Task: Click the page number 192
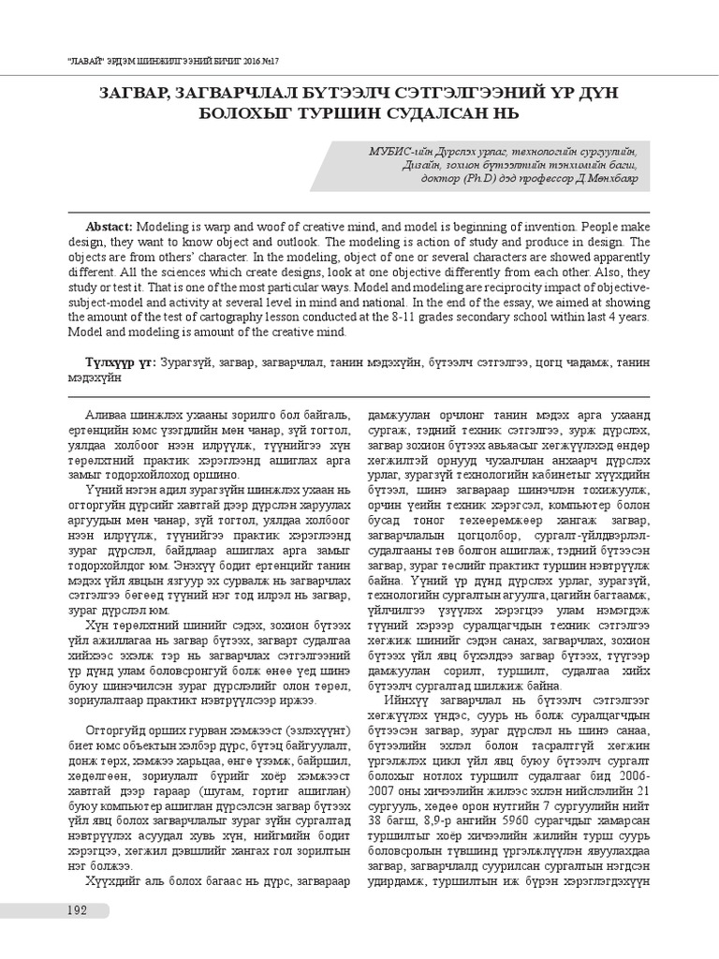tap(77, 911)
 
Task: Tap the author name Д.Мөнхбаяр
tap(605, 180)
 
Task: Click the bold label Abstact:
tap(110, 228)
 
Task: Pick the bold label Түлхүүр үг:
tap(121, 361)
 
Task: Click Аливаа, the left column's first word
tap(106, 413)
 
